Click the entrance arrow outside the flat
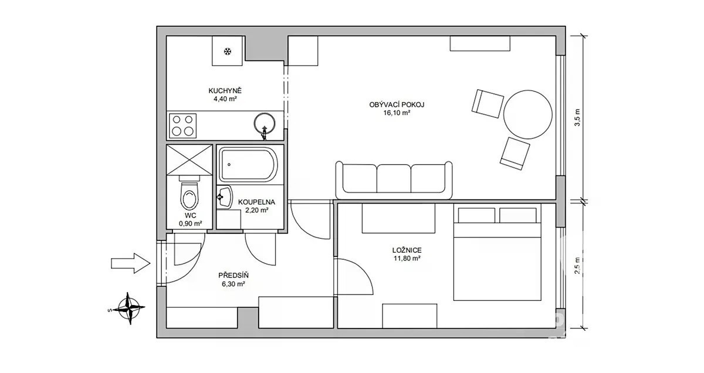click(x=130, y=263)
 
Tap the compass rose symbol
click(x=129, y=308)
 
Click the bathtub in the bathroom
click(x=248, y=165)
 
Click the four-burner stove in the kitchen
click(x=182, y=126)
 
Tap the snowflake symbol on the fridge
click(x=228, y=52)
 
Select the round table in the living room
click(x=527, y=114)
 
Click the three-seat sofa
click(x=394, y=180)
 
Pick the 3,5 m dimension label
click(x=577, y=117)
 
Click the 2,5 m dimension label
click(x=577, y=266)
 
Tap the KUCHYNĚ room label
click(x=225, y=91)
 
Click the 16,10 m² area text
click(x=397, y=113)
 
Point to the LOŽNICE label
click(x=407, y=250)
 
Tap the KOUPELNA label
click(x=256, y=202)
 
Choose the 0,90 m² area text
click(x=191, y=223)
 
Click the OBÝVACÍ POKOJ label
click(x=397, y=104)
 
